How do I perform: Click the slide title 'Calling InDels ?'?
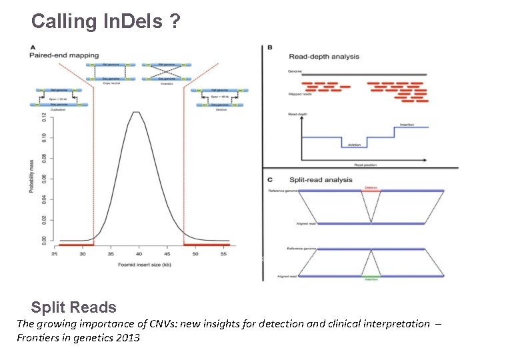point(105,21)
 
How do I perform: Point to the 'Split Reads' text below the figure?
point(73,307)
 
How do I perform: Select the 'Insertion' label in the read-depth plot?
point(407,124)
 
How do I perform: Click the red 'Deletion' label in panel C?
point(371,188)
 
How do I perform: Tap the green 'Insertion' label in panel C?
point(371,279)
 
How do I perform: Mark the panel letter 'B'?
point(269,48)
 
